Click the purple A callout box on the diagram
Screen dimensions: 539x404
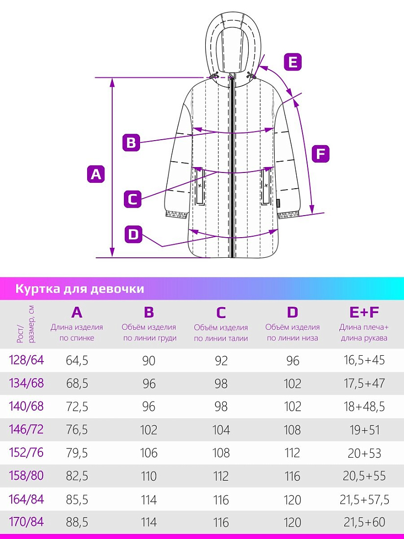[x=96, y=174]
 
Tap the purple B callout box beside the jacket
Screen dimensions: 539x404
[x=131, y=142]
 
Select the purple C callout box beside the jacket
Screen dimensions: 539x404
[x=132, y=199]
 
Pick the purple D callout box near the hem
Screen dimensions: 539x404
[x=133, y=234]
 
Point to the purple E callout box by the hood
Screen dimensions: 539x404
[x=292, y=62]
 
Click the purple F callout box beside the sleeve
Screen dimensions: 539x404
[x=320, y=154]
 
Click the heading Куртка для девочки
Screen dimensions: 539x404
[x=80, y=289]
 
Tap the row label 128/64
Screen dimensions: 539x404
[x=26, y=360]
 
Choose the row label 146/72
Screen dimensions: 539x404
[x=26, y=430]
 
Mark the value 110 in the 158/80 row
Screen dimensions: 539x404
[x=149, y=476]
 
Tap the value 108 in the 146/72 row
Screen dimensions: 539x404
[x=292, y=430]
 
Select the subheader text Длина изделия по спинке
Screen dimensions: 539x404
[x=76, y=333]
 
